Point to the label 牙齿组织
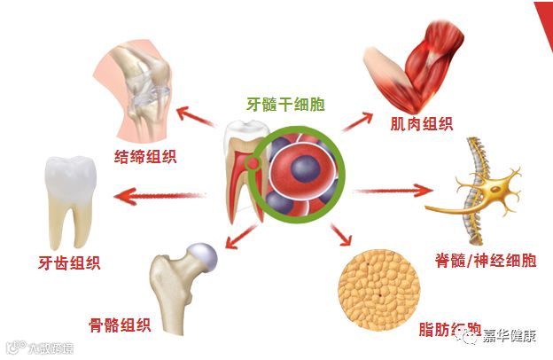pyautogui.click(x=62, y=262)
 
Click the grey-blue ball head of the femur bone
pyautogui.click(x=203, y=255)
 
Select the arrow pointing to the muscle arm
pyautogui.click(x=354, y=121)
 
